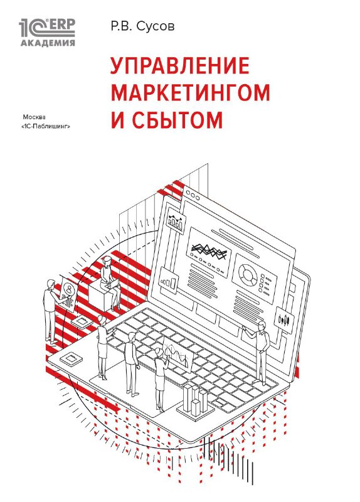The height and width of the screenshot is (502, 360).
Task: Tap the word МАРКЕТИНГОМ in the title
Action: click(190, 92)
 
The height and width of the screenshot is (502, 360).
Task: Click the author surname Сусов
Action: click(156, 27)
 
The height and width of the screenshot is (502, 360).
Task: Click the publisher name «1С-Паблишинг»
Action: click(45, 127)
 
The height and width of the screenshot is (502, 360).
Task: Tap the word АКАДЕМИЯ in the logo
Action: click(48, 43)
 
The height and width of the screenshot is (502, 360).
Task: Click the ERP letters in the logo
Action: click(61, 24)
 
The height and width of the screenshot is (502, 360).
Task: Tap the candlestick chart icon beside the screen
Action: click(285, 320)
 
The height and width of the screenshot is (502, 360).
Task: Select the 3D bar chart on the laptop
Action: click(194, 400)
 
